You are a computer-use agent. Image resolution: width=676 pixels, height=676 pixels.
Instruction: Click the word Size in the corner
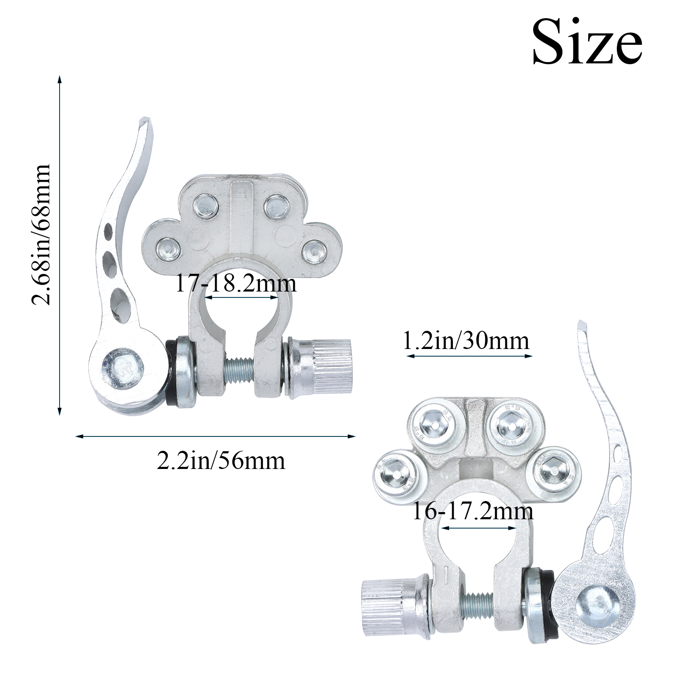coord(587,42)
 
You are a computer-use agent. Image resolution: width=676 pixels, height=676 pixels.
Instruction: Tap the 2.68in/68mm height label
coord(42,234)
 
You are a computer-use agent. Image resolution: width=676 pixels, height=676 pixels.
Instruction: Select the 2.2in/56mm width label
coord(221,461)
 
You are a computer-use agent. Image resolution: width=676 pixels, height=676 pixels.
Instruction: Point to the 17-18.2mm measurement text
coord(236,283)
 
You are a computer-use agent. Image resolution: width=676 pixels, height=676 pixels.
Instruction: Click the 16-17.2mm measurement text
coord(472,512)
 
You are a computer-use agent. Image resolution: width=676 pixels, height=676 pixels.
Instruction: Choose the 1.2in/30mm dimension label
coord(466,341)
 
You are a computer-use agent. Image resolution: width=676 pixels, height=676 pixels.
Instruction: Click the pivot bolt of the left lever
coord(122,367)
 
